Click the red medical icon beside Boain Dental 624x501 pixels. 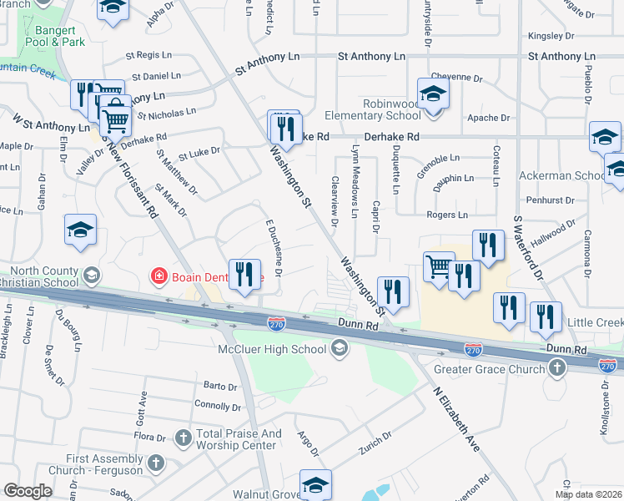click(157, 276)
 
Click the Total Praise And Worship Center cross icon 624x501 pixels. click(184, 437)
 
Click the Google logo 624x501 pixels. click(28, 490)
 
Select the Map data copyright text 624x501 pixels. click(588, 494)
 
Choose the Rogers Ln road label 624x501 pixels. click(446, 215)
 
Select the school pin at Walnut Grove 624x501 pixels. click(316, 483)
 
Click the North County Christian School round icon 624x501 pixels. click(92, 275)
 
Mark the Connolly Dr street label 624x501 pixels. click(217, 406)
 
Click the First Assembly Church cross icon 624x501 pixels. click(155, 463)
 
